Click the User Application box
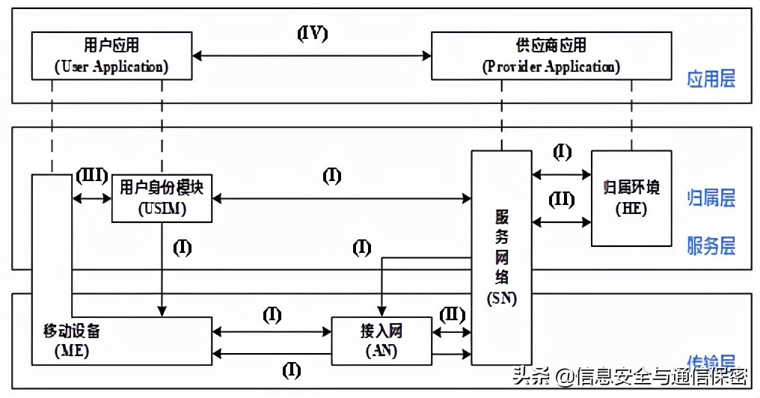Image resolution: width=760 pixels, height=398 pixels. point(111,56)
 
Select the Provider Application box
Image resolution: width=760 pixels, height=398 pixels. point(551,56)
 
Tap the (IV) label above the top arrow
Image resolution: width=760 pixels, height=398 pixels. point(313,34)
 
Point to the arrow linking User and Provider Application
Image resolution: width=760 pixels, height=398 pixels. point(313,55)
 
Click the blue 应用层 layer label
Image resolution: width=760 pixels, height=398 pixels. point(711,79)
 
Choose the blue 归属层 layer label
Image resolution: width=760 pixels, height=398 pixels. point(711,198)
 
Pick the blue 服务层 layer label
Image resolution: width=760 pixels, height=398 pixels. point(711,245)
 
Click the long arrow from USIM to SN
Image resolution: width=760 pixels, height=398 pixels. point(341,198)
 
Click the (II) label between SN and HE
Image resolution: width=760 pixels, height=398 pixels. point(561,200)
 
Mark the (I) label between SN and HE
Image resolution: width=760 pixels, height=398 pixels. point(561,153)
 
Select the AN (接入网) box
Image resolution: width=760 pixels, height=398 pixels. point(381,340)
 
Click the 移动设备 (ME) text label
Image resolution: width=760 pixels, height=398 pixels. point(71,338)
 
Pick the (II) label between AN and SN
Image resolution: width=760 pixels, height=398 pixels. point(452,313)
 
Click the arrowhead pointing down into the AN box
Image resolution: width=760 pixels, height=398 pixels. point(382,313)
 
